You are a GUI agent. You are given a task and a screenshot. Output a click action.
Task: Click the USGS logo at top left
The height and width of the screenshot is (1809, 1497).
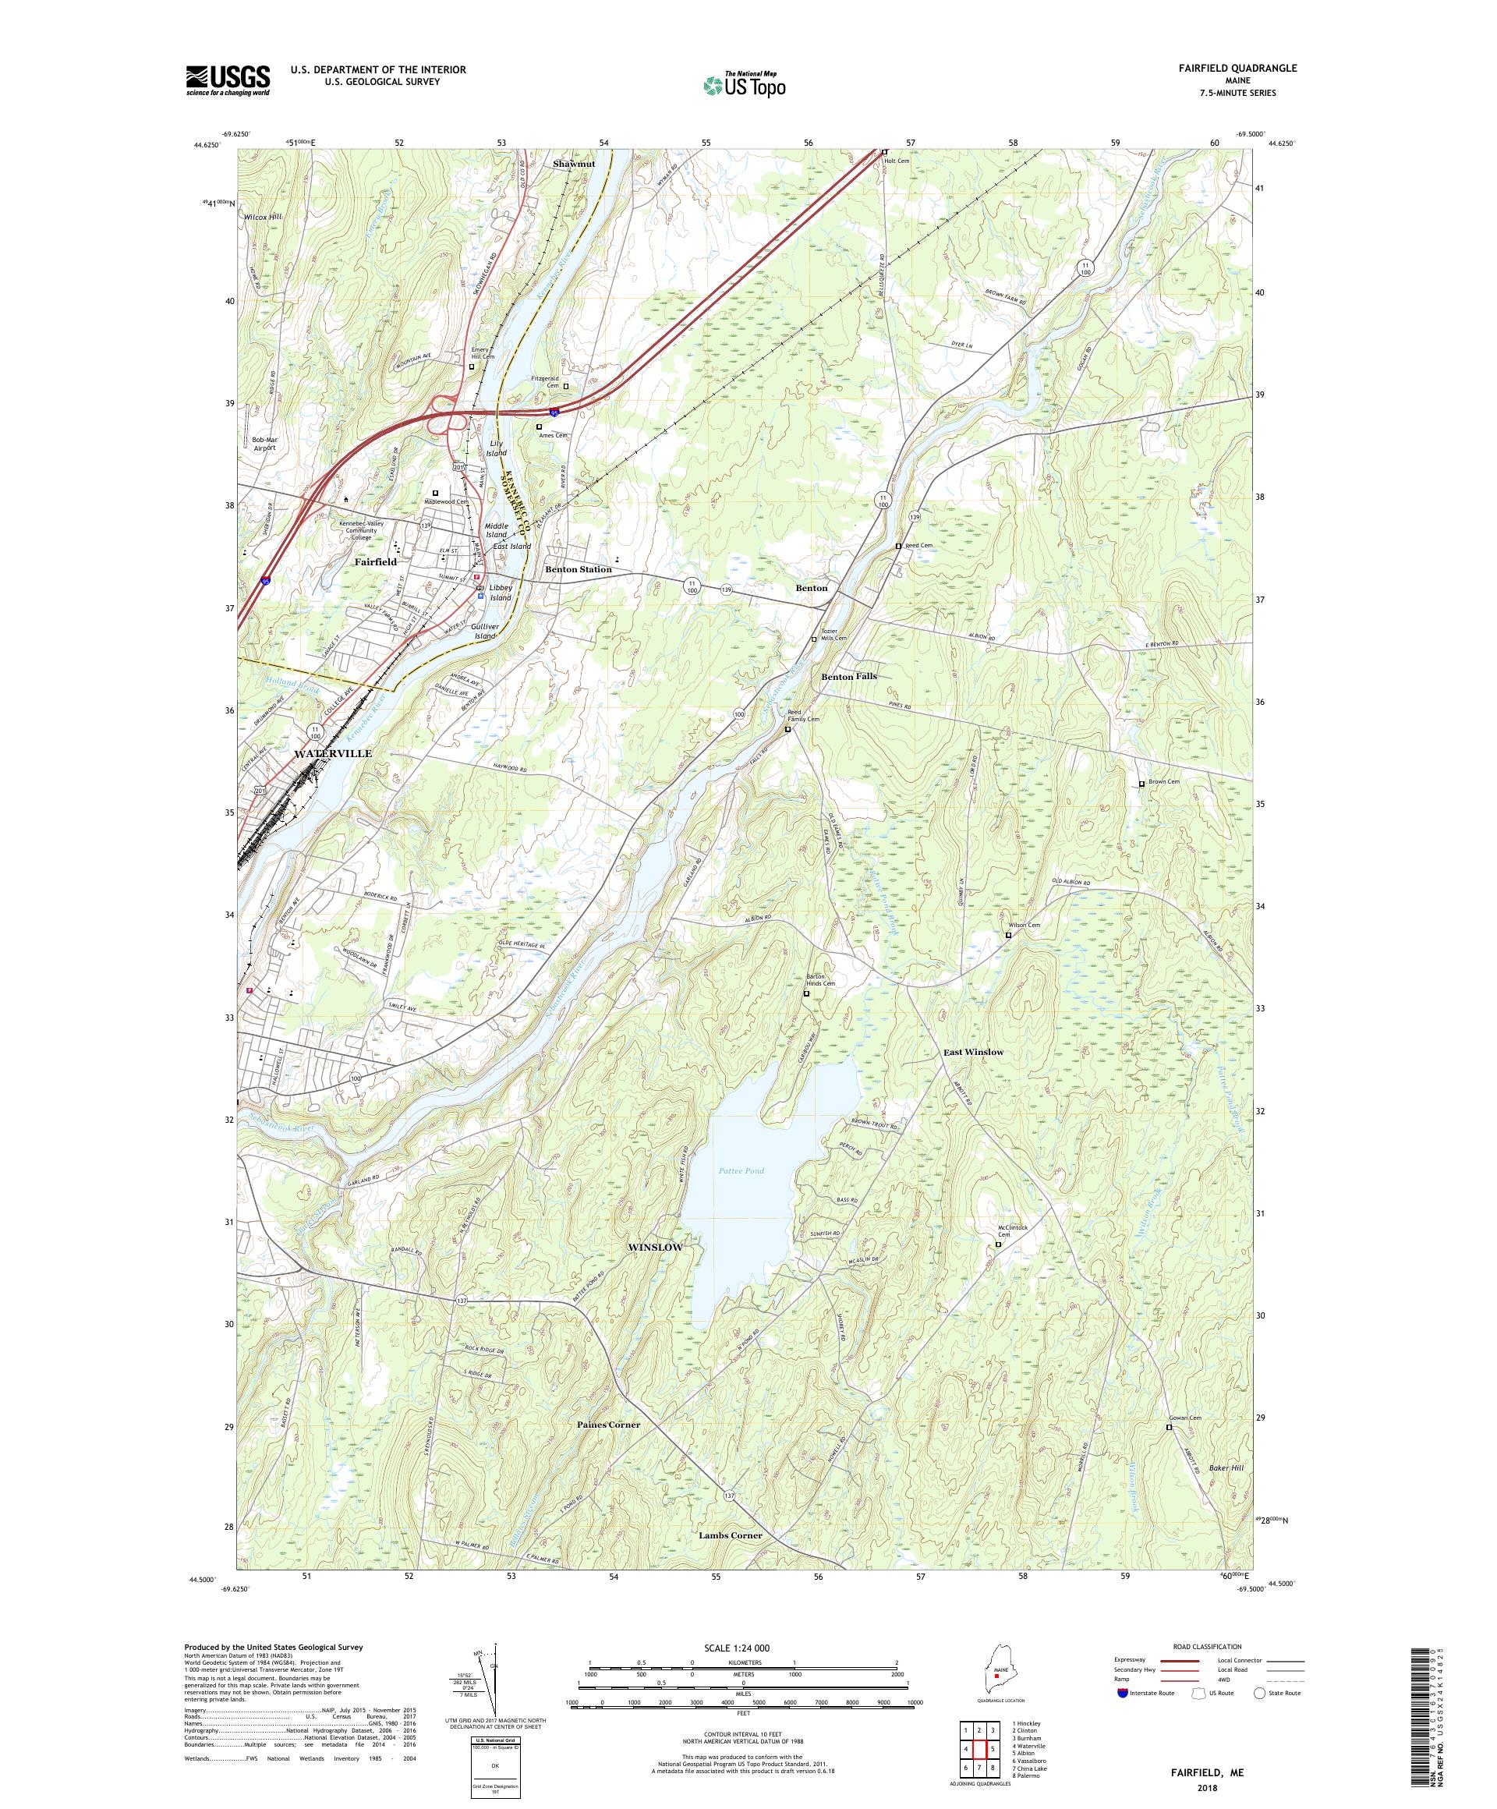228,81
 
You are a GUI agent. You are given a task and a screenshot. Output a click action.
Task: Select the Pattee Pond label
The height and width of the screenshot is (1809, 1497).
741,1170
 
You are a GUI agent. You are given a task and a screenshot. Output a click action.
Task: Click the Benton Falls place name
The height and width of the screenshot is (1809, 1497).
848,676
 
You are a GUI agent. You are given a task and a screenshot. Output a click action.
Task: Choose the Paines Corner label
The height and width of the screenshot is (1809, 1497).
608,1424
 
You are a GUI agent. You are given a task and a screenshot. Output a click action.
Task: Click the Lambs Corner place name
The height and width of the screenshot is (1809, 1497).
731,1535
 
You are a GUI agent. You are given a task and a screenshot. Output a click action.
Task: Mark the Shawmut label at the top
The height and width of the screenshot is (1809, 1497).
574,163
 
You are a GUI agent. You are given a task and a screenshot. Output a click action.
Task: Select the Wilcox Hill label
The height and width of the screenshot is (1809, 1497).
263,217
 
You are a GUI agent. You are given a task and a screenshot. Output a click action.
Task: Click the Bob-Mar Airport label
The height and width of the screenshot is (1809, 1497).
267,444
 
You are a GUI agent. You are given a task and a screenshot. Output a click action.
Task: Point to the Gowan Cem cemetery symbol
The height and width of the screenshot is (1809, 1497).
1169,1426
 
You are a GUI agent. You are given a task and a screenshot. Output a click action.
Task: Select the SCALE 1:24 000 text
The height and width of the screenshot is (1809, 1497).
741,1648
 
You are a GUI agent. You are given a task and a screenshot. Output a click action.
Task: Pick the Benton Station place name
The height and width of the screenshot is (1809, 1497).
578,569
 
